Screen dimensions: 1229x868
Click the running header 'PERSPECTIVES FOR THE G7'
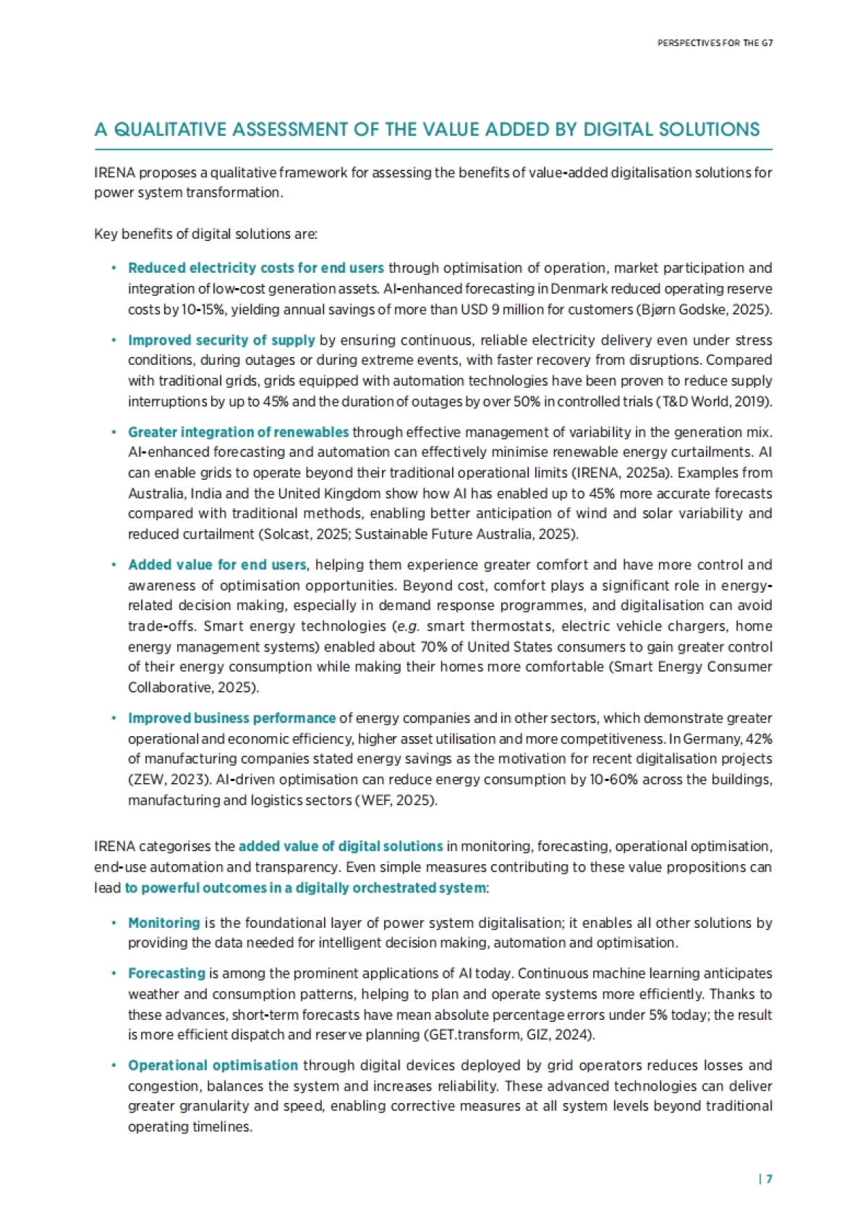click(715, 43)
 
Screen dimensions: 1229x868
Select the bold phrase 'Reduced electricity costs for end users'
click(255, 268)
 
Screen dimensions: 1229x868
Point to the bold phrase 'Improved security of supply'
click(221, 340)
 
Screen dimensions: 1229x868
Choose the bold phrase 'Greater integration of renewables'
click(238, 432)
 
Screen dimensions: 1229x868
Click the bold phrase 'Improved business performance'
click(231, 718)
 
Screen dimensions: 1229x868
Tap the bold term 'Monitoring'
click(163, 923)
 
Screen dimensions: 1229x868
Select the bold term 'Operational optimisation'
click(213, 1065)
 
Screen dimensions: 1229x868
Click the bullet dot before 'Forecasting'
click(114, 974)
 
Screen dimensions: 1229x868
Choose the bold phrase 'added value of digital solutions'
click(341, 846)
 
